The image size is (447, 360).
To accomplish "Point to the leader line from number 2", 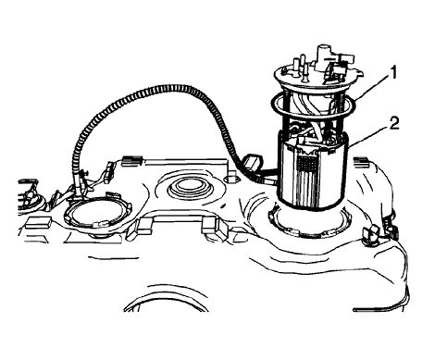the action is coord(370,132).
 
